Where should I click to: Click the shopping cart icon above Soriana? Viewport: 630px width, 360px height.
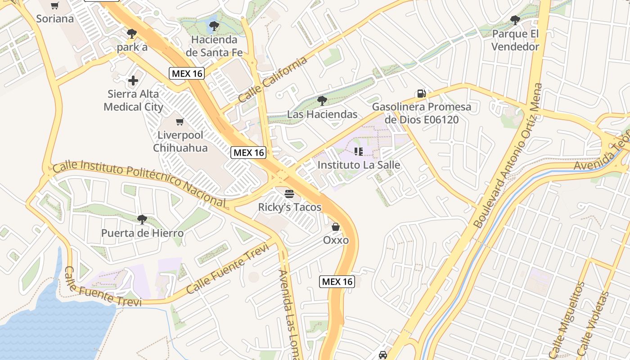pos(54,6)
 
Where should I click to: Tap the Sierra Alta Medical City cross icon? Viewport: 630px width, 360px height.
pos(133,81)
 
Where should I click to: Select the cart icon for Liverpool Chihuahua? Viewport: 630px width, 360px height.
pos(180,121)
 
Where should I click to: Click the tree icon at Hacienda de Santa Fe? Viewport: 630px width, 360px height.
pos(214,26)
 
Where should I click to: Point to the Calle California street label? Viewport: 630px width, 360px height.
pos(273,80)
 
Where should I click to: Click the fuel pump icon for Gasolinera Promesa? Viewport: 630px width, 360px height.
pos(421,94)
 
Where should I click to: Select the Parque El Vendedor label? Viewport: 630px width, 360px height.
pos(515,40)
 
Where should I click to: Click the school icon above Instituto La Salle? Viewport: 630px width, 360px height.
pos(359,152)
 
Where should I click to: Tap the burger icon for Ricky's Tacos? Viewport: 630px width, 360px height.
pos(289,194)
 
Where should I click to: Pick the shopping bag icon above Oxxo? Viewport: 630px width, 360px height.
pos(336,227)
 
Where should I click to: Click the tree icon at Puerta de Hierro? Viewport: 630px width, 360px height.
pos(142,220)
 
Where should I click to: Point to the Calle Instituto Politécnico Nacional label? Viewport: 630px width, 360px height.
pos(139,184)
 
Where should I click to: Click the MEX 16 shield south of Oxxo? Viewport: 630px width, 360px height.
pos(337,282)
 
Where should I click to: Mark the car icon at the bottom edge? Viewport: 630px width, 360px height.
pos(383,355)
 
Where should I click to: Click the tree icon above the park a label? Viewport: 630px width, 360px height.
pos(131,33)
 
